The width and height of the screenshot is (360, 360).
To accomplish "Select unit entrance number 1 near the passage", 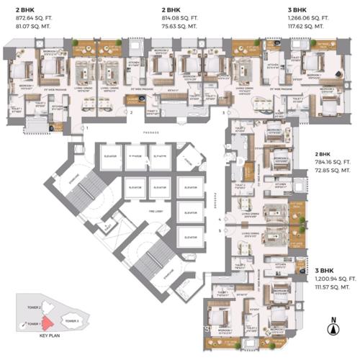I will (x=87, y=127).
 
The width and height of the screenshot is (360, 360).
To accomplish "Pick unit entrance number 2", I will (x=130, y=113).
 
